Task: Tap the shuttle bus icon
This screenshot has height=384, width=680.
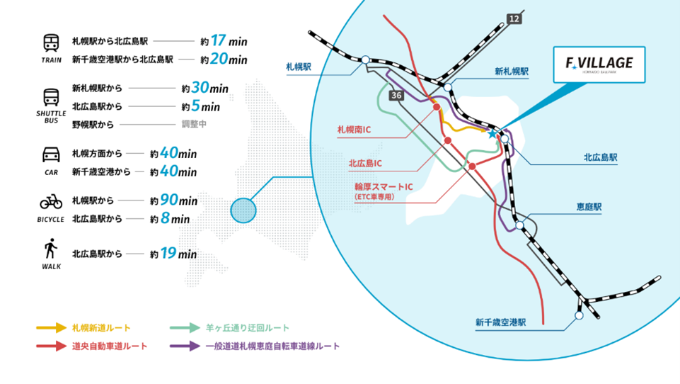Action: (x=51, y=97)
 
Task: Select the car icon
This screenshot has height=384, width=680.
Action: (x=51, y=154)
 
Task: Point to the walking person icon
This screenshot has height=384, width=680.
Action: (x=51, y=249)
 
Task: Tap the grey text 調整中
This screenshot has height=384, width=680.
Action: (x=195, y=125)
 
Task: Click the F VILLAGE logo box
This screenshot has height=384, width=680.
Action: (x=599, y=64)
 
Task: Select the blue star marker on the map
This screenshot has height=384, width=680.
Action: (x=492, y=133)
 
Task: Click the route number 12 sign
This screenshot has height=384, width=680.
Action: (x=514, y=18)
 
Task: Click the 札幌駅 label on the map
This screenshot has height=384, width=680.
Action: (x=298, y=66)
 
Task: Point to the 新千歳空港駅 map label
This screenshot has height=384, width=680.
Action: (x=500, y=322)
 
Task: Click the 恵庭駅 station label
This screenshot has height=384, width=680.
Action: (x=589, y=208)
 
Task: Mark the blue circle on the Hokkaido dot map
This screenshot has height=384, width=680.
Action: (x=243, y=209)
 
